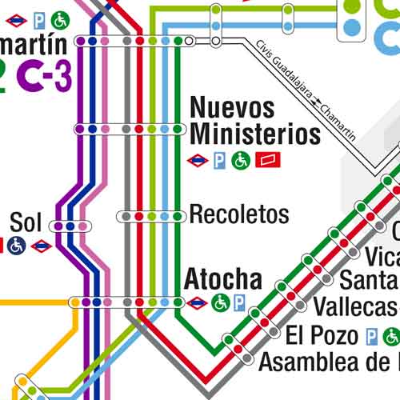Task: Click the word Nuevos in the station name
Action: (x=232, y=107)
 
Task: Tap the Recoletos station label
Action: (x=238, y=215)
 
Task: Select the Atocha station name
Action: (x=223, y=279)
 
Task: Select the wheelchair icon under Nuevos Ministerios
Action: (x=241, y=161)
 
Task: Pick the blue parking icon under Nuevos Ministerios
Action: (x=219, y=161)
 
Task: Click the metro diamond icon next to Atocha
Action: (x=197, y=302)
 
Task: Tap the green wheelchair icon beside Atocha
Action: (x=220, y=302)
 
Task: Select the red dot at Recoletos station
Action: (x=139, y=216)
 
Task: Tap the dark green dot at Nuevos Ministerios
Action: (x=177, y=129)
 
